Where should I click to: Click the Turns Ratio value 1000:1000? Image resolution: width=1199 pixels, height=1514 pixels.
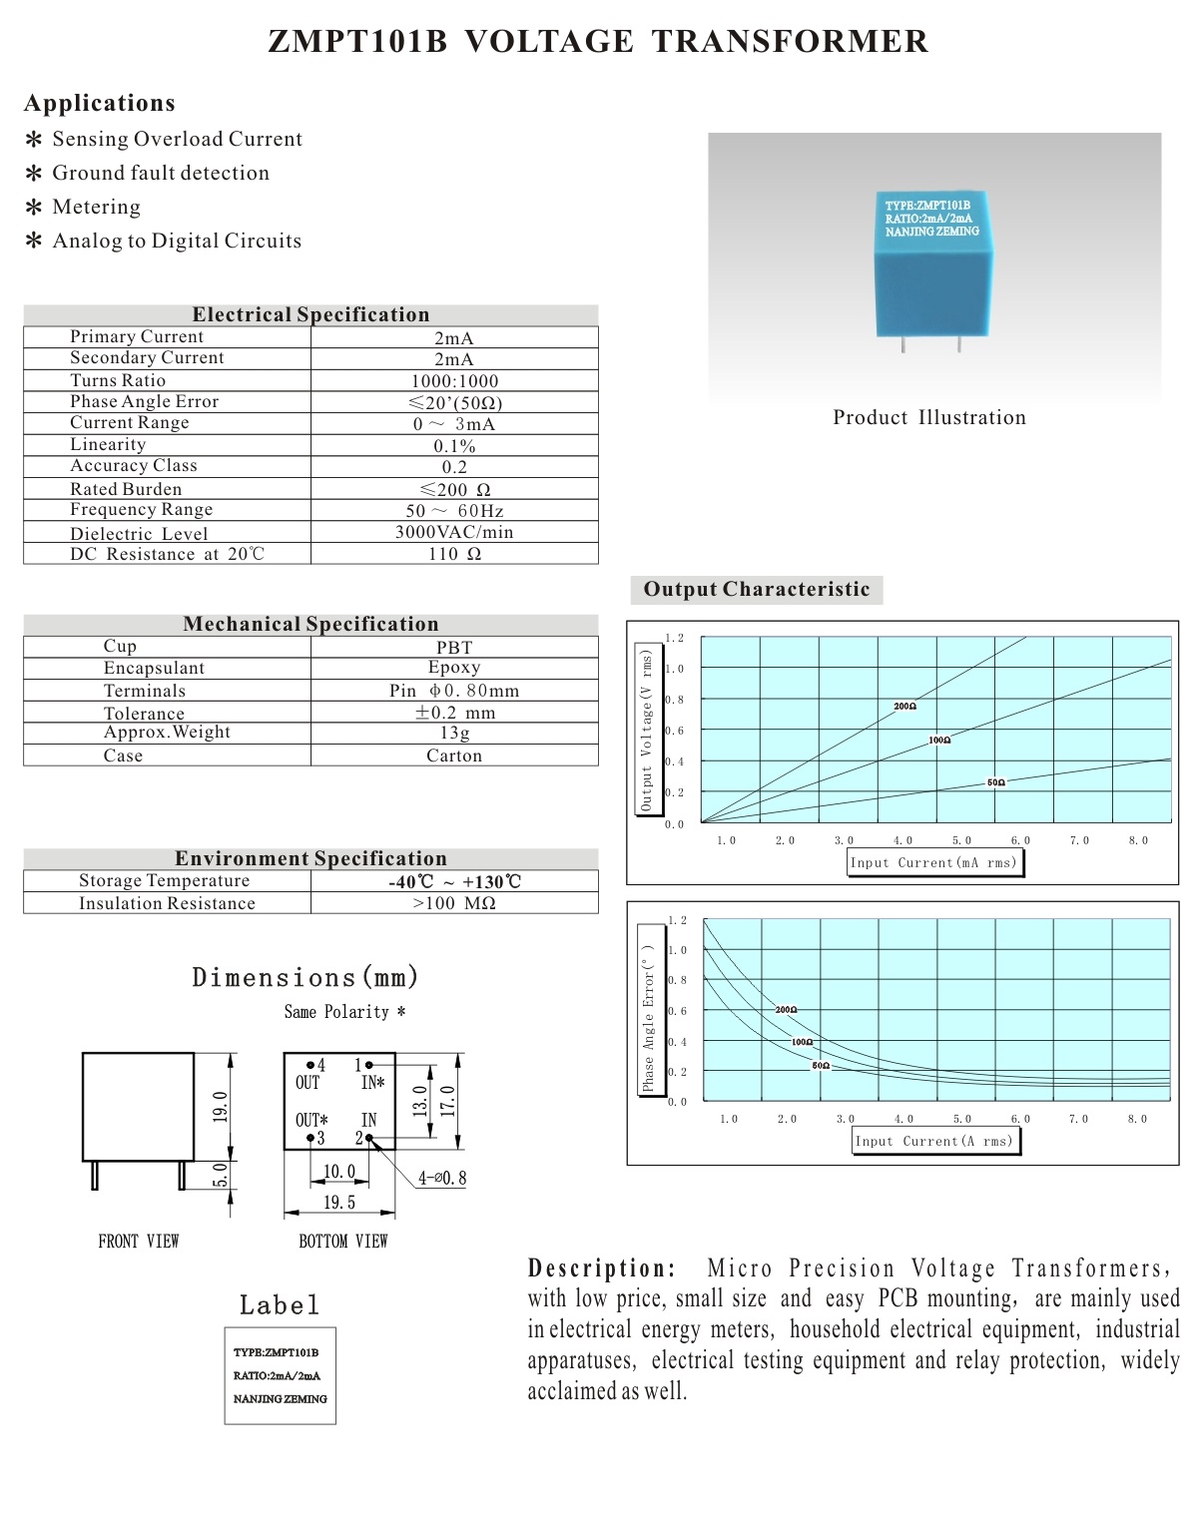pyautogui.click(x=454, y=381)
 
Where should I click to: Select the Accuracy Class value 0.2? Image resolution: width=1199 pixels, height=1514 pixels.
pyautogui.click(x=454, y=467)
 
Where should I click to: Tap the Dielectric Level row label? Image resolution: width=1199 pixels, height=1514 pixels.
pyautogui.click(x=139, y=534)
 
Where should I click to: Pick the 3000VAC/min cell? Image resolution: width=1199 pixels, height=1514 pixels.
pyautogui.click(x=454, y=532)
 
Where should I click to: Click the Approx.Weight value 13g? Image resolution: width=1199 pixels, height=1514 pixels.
pyautogui.click(x=454, y=733)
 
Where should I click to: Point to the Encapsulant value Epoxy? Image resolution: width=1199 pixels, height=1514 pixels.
pyautogui.click(x=454, y=668)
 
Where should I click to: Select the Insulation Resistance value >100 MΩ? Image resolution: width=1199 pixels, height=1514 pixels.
pyautogui.click(x=454, y=903)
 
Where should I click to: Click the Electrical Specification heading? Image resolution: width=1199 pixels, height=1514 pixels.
pyautogui.click(x=310, y=314)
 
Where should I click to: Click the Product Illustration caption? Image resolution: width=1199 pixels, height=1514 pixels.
pyautogui.click(x=929, y=417)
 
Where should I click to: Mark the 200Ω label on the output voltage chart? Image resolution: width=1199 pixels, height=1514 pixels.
pyautogui.click(x=904, y=707)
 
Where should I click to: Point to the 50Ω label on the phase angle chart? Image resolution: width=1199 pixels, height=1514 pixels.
pyautogui.click(x=821, y=1066)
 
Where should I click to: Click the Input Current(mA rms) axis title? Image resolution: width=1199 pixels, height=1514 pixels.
pyautogui.click(x=933, y=862)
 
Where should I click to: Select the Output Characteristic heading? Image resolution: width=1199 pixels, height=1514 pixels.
pyautogui.click(x=757, y=589)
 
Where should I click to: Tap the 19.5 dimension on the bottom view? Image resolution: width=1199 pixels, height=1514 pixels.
pyautogui.click(x=339, y=1203)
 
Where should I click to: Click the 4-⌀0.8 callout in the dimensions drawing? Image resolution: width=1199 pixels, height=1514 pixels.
pyautogui.click(x=442, y=1179)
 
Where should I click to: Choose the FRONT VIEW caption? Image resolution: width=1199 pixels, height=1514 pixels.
pyautogui.click(x=139, y=1242)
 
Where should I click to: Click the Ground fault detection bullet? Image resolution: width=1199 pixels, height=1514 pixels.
pyautogui.click(x=161, y=173)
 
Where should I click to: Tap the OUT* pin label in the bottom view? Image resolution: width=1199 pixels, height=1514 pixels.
pyautogui.click(x=311, y=1120)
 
